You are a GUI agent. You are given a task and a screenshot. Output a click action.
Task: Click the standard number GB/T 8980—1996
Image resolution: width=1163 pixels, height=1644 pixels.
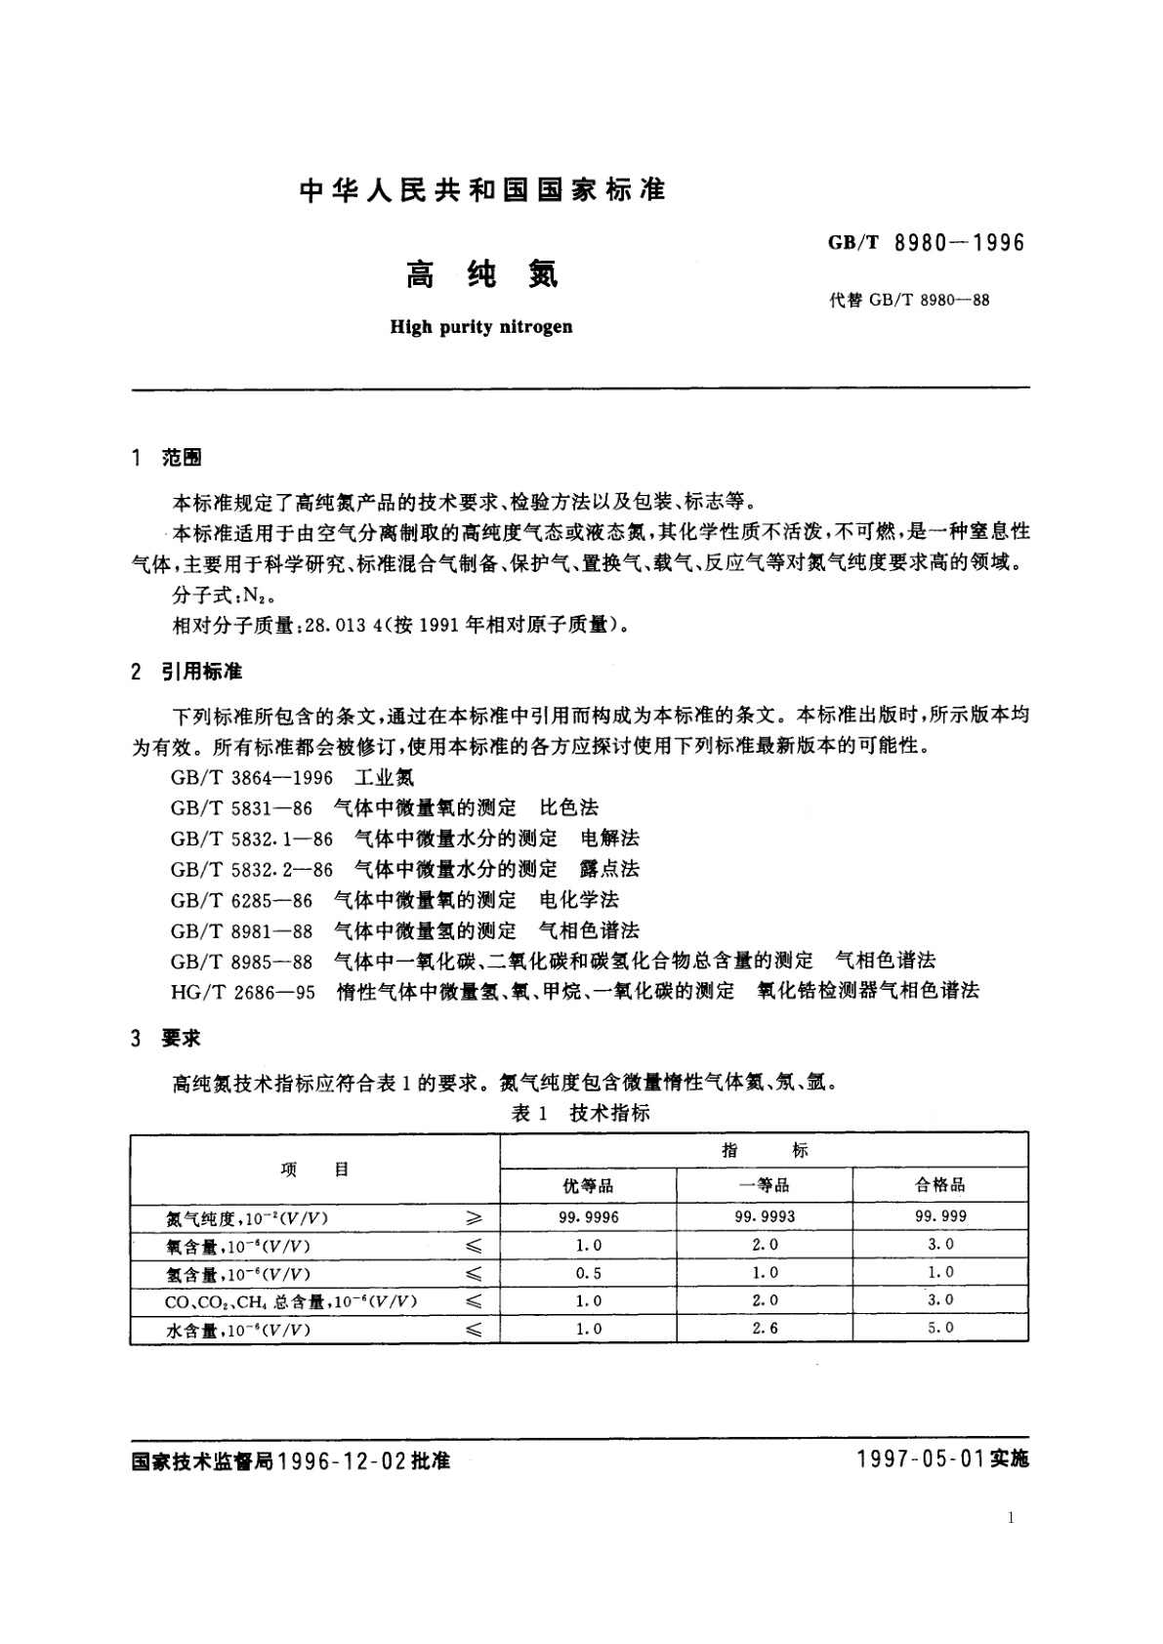[x=927, y=243]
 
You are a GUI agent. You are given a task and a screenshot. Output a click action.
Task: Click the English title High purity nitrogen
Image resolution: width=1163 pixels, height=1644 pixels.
[x=481, y=327]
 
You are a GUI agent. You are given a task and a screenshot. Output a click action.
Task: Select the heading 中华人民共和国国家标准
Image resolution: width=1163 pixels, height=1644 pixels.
[x=482, y=189]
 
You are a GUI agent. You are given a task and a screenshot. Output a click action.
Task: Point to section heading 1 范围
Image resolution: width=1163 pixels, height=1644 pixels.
[x=166, y=458]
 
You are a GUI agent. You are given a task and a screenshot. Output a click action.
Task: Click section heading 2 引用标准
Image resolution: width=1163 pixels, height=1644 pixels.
[x=187, y=672]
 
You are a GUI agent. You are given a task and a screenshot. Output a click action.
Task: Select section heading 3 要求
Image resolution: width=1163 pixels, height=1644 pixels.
[x=166, y=1038]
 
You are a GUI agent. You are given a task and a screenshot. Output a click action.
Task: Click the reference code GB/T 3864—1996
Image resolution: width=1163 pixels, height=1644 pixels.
[x=251, y=777]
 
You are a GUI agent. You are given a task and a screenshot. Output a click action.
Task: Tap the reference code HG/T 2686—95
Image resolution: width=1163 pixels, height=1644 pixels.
[x=243, y=991]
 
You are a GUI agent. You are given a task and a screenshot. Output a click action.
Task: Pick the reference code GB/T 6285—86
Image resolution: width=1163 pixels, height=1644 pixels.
[x=241, y=899]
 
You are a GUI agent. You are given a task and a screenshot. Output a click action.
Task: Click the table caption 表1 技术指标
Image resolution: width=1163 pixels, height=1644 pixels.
[x=580, y=1113]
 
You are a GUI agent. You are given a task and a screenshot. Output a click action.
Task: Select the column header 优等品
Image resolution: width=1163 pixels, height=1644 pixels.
[x=588, y=1185]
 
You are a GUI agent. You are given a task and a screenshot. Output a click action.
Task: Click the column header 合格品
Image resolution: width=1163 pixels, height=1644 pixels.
[x=940, y=1185]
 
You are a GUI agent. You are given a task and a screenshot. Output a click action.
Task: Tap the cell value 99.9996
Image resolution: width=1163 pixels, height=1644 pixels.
[x=588, y=1217]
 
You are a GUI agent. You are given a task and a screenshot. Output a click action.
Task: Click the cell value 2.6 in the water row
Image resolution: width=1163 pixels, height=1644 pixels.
[x=765, y=1328]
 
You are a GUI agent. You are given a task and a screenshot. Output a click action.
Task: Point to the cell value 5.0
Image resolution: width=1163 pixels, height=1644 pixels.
[x=940, y=1328]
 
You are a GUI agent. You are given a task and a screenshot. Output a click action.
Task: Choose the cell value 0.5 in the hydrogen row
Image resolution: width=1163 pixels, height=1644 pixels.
[x=588, y=1273]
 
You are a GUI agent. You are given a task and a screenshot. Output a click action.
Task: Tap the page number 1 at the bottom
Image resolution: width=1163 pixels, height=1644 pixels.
[x=1011, y=1518]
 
